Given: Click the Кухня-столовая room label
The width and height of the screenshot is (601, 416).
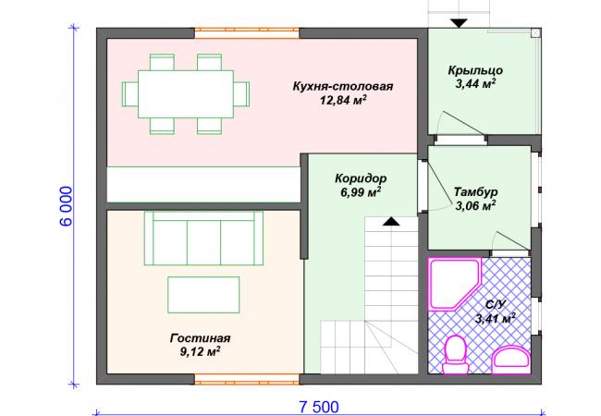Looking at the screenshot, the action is pos(343,86).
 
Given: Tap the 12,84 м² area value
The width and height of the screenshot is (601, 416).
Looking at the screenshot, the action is pos(343,101).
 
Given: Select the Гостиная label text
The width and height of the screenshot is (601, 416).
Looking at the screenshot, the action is pos(200,338).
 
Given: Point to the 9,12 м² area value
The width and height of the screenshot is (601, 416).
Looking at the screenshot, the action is pos(200,351).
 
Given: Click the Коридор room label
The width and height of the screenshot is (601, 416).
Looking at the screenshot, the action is pos(361,178).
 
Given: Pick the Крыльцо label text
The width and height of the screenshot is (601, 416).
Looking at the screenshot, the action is pos(475,70).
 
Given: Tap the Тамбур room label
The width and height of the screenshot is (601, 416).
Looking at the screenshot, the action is pos(475,191).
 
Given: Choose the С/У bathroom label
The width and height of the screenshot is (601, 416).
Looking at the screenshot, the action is pos(496,304).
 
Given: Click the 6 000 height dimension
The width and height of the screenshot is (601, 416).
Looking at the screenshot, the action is pos(67,206).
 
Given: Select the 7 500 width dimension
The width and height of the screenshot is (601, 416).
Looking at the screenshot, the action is pos(319,407).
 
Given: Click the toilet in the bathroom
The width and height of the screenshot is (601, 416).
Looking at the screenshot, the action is pos(456,354).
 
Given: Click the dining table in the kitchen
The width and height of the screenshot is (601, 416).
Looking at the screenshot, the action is pos(186,94).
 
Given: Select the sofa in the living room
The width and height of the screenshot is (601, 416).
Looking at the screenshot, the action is pos(203,238).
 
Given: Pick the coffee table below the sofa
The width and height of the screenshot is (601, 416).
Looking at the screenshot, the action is pos(203,295).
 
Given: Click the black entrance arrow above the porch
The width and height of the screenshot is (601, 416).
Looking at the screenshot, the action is pos(459,23).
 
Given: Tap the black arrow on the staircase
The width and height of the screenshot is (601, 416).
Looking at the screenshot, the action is pos(391,221).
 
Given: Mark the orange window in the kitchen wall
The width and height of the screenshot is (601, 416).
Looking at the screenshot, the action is pos(247,33).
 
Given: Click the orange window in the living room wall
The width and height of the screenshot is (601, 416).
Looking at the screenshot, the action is pos(247,379).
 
